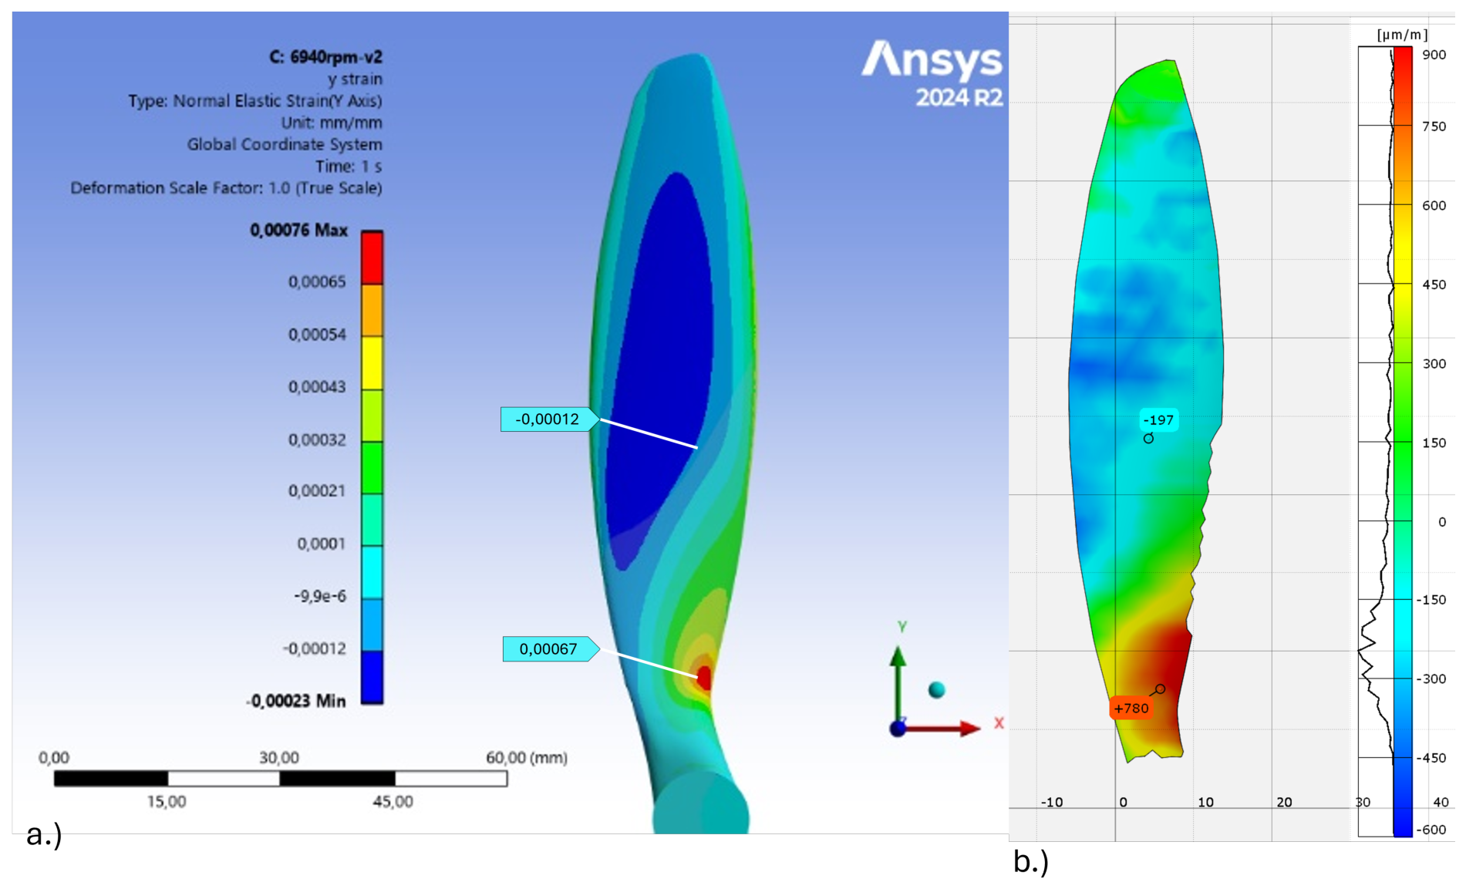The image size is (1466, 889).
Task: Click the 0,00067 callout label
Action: pos(550,649)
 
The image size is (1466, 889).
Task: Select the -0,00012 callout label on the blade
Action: pos(548,419)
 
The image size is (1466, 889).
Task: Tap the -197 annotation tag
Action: pos(1158,420)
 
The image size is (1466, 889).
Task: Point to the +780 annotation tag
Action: pos(1131,708)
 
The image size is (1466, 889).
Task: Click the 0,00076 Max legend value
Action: pos(298,231)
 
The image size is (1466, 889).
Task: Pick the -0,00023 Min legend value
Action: pos(296,701)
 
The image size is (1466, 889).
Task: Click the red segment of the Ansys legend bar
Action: pos(372,258)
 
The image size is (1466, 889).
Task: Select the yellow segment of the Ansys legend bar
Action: pos(372,363)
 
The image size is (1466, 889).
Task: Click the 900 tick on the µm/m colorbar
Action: pos(1434,55)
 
